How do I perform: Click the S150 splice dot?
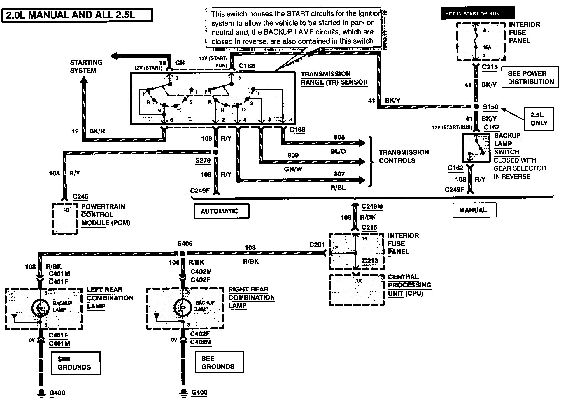point(476,107)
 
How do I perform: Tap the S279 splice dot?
point(216,152)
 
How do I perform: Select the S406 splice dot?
point(182,254)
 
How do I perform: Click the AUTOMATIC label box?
point(222,211)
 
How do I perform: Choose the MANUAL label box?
point(474,210)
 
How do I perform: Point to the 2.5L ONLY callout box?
point(539,119)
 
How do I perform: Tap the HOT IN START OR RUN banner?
point(478,13)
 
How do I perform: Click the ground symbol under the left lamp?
point(42,393)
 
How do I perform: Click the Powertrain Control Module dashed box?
point(65,219)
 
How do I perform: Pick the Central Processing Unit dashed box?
point(356,290)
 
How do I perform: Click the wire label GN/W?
point(293,169)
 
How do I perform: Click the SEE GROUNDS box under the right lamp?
point(219,362)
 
